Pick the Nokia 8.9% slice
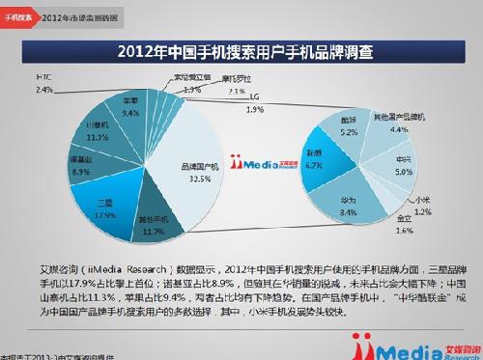pos(82,168)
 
